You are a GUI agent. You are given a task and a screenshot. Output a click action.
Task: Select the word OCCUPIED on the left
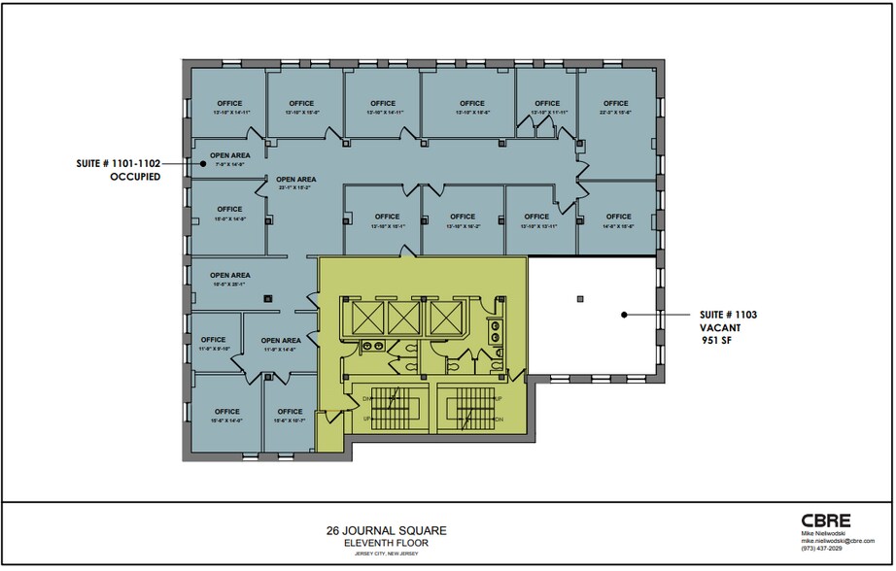134,178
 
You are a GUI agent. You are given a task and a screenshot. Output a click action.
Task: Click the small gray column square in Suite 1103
580,297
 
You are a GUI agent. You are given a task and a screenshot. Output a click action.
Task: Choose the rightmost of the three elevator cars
444,316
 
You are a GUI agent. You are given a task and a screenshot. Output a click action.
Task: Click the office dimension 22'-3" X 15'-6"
616,114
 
